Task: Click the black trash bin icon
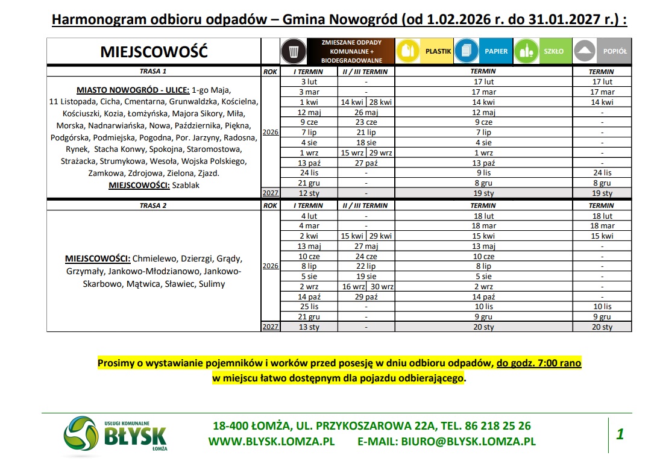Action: pos(294,51)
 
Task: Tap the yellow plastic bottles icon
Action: pos(409,51)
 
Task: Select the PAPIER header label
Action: pos(496,51)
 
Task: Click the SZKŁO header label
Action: pos(553,51)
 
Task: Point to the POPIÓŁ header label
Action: pos(615,51)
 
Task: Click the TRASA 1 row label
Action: pos(153,71)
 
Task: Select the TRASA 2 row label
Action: pos(153,205)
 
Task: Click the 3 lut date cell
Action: pos(309,81)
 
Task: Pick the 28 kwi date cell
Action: pos(381,102)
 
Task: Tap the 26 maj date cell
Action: pos(366,113)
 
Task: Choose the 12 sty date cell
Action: pos(309,193)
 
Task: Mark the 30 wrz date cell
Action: pos(382,287)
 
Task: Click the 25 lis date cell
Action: pos(309,307)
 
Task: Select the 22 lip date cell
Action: pos(366,266)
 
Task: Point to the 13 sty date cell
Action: pos(309,327)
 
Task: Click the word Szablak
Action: pos(186,185)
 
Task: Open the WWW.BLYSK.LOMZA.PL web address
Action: pos(271,441)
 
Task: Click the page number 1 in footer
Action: pos(620,434)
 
